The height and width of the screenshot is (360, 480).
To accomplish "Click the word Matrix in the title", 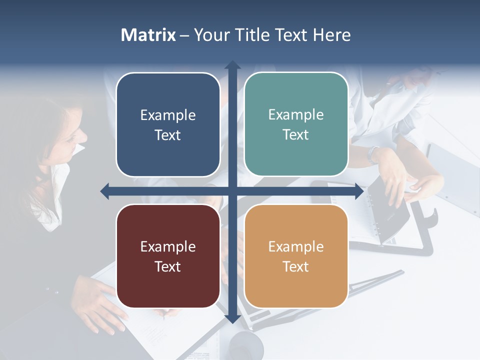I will pos(148,35).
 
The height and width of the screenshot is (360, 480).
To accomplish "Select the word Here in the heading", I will pos(332,35).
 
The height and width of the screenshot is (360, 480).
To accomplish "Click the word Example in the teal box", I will pos(296,114).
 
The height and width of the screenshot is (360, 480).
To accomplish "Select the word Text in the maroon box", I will pos(168,266).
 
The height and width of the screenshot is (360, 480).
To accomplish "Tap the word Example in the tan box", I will pos(296,246).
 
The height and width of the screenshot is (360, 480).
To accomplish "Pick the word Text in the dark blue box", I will pos(168,135).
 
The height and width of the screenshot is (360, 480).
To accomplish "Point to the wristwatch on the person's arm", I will pos(373,154).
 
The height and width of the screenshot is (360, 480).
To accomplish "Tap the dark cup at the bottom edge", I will pos(245,345).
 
